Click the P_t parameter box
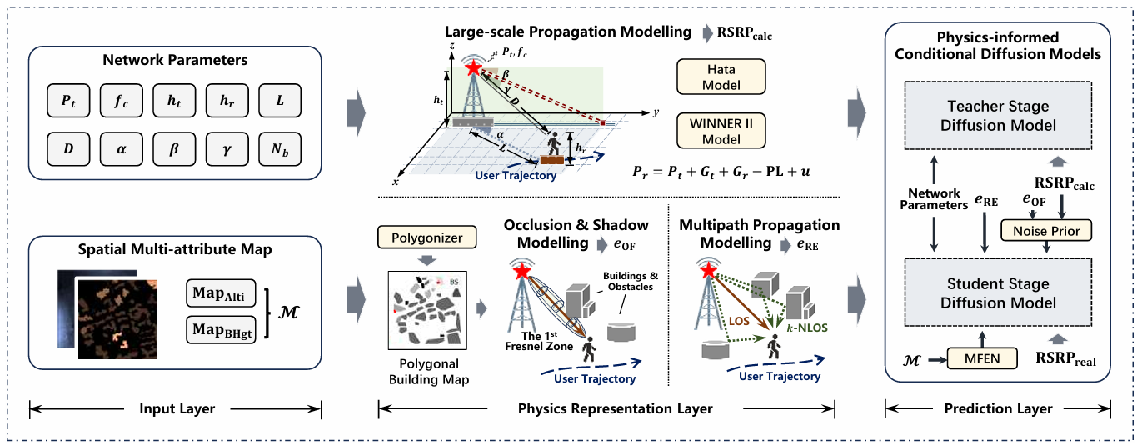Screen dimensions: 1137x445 point(68,101)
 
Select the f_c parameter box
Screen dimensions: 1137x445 point(122,101)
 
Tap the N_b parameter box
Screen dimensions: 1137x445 point(280,149)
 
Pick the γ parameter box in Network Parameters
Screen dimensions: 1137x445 point(227,149)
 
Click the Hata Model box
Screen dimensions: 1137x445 point(721,77)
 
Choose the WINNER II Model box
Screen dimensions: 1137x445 point(721,131)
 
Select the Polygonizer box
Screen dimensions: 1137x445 point(426,237)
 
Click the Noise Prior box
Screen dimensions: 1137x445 point(1046,231)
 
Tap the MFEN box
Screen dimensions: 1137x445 point(982,358)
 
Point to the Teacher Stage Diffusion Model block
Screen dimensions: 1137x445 point(998,115)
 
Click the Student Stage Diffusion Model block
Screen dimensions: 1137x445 point(998,292)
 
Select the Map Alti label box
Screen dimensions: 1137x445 point(221,293)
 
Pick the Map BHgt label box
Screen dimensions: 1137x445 point(221,330)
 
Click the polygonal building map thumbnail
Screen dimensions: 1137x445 point(427,310)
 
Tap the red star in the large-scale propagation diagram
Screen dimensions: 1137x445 point(473,67)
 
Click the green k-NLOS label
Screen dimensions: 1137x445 point(807,327)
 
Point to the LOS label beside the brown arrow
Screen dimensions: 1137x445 point(739,321)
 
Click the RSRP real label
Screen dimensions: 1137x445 point(1065,358)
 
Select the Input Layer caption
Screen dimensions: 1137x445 point(177,408)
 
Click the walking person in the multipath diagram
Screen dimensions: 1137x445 point(774,347)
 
